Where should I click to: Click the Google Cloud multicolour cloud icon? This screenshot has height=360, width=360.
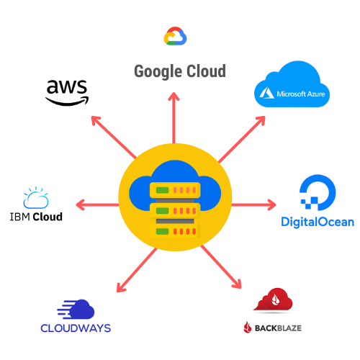[x=175, y=36]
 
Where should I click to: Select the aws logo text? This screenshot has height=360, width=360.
[x=67, y=86]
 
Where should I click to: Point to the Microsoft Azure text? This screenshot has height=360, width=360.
[x=301, y=94]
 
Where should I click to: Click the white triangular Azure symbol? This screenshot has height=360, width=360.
[x=266, y=93]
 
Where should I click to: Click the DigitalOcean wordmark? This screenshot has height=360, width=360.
[x=318, y=222]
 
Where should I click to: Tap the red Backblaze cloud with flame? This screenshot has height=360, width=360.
[x=273, y=300]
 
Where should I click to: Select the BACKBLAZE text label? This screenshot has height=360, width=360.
[x=278, y=328]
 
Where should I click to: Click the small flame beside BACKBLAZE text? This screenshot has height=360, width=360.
[x=248, y=328]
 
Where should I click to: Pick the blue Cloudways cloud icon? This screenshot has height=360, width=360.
[x=76, y=309]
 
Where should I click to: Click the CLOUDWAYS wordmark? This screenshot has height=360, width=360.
[x=76, y=328]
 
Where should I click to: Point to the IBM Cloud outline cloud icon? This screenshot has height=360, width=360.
[x=36, y=198]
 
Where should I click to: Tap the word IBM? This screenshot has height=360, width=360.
[x=20, y=217]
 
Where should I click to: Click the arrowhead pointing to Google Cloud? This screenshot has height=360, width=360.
[x=174, y=96]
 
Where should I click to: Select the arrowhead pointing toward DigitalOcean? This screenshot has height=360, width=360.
[x=272, y=204]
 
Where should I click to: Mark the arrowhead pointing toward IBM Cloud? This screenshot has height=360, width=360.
[x=81, y=204]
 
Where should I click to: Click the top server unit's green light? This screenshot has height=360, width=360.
[x=162, y=190]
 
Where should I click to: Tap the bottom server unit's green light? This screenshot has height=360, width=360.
[x=162, y=232]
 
